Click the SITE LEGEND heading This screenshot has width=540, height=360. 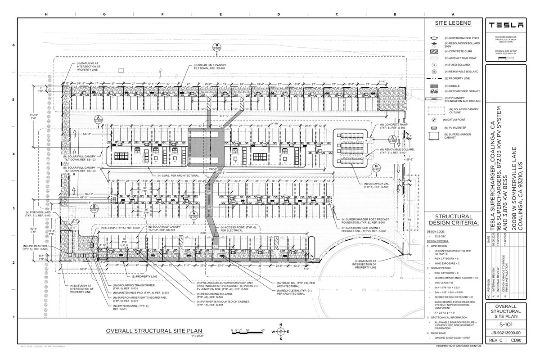click(453, 23)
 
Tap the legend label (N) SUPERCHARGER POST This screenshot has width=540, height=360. click(462, 38)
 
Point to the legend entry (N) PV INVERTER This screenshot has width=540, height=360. click(456, 127)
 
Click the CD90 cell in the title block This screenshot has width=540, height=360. click(520, 341)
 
